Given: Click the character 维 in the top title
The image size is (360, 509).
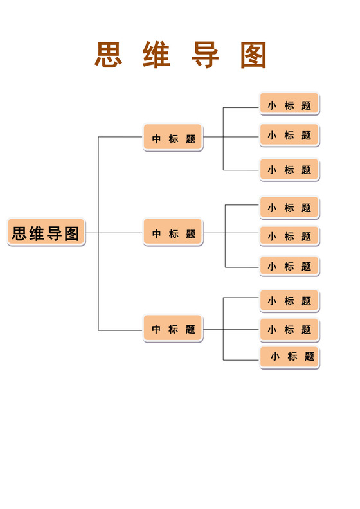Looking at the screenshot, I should (x=156, y=55).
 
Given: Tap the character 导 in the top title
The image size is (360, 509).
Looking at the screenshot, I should (x=205, y=55).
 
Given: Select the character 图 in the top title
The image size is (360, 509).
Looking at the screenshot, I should (x=253, y=55).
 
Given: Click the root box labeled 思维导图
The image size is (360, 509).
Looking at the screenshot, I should (x=46, y=233).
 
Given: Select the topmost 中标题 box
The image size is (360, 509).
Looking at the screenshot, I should (x=173, y=138).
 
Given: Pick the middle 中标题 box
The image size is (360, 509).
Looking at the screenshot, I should (x=173, y=233).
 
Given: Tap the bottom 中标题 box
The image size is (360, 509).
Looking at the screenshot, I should (x=173, y=329).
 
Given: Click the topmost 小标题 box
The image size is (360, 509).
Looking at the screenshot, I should (x=289, y=104).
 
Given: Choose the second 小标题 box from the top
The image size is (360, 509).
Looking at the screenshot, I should (x=289, y=135).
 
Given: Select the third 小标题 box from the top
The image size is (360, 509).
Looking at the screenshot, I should (x=289, y=170).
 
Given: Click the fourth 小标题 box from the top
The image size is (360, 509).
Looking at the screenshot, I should (x=289, y=208).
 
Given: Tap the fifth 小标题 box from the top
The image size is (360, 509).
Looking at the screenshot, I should (x=289, y=236).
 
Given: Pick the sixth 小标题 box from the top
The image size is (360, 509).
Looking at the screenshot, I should (x=289, y=266).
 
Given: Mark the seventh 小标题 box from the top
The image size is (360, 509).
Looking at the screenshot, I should (x=289, y=300).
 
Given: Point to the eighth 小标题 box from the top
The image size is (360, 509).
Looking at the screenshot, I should (x=289, y=329).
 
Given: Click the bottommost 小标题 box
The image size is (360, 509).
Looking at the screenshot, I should (x=291, y=357).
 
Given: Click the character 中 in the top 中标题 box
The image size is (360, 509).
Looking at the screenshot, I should (x=156, y=138).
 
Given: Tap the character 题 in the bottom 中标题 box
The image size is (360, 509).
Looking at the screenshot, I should (x=190, y=330).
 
